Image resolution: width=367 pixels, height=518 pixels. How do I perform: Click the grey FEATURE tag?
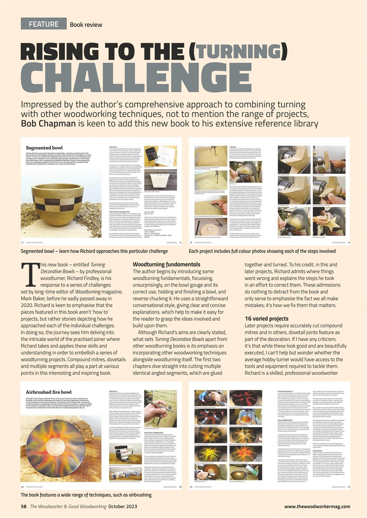point(43,24)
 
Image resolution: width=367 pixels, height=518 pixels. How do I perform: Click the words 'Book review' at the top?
point(86,25)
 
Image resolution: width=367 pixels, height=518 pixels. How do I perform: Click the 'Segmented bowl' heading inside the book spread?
point(43,148)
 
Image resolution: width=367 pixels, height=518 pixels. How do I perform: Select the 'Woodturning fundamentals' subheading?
point(166,264)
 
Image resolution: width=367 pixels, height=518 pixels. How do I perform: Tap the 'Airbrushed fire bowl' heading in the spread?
point(49,392)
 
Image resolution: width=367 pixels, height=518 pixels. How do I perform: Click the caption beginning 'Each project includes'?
point(262,251)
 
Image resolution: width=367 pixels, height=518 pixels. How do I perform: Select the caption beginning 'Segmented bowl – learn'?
point(94,251)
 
